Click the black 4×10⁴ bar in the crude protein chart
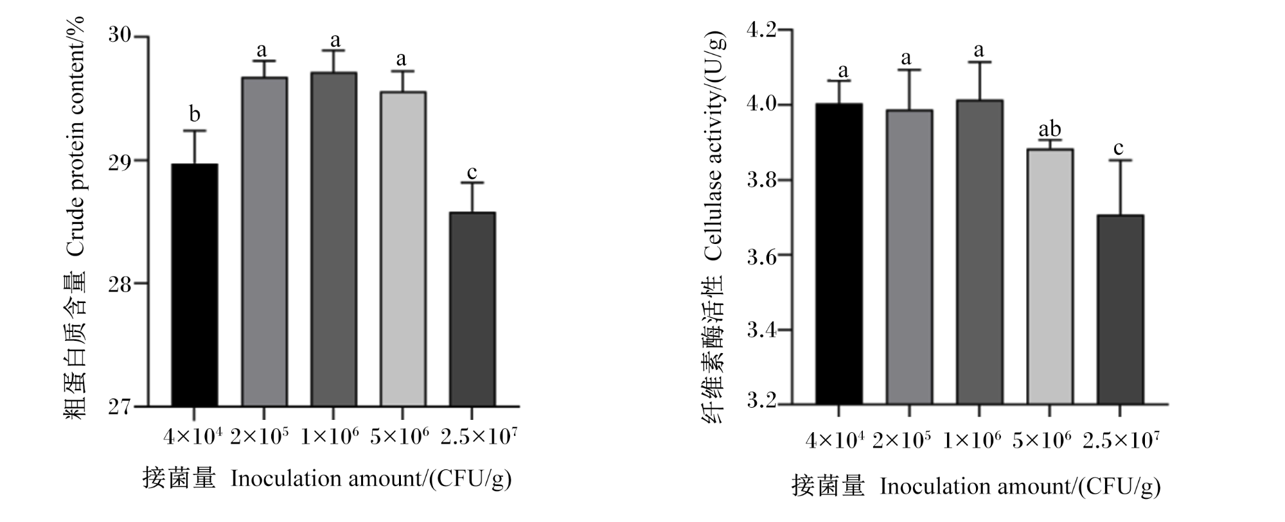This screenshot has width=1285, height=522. click(x=194, y=285)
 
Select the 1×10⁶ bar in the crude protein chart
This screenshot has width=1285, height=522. click(x=334, y=239)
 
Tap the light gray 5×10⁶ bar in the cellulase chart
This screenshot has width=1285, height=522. click(x=1050, y=277)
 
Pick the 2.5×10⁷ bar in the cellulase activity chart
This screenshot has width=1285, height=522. click(x=1120, y=309)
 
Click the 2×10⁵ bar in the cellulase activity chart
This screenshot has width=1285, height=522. click(x=909, y=257)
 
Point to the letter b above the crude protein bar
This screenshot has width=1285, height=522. click(x=195, y=114)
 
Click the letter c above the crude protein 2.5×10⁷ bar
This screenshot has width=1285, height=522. click(x=472, y=173)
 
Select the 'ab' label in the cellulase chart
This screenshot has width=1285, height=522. click(x=1050, y=129)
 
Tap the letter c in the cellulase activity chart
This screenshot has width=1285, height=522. click(x=1119, y=149)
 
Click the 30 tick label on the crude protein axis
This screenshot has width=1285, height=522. click(x=121, y=35)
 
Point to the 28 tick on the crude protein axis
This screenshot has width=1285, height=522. click(x=121, y=283)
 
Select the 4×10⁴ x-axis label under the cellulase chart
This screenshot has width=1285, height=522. click(x=835, y=440)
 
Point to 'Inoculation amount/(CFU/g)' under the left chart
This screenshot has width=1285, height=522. click(x=371, y=479)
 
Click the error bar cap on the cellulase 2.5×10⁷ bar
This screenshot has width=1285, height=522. click(x=1120, y=161)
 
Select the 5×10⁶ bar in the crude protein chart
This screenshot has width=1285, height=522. click(x=403, y=249)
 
